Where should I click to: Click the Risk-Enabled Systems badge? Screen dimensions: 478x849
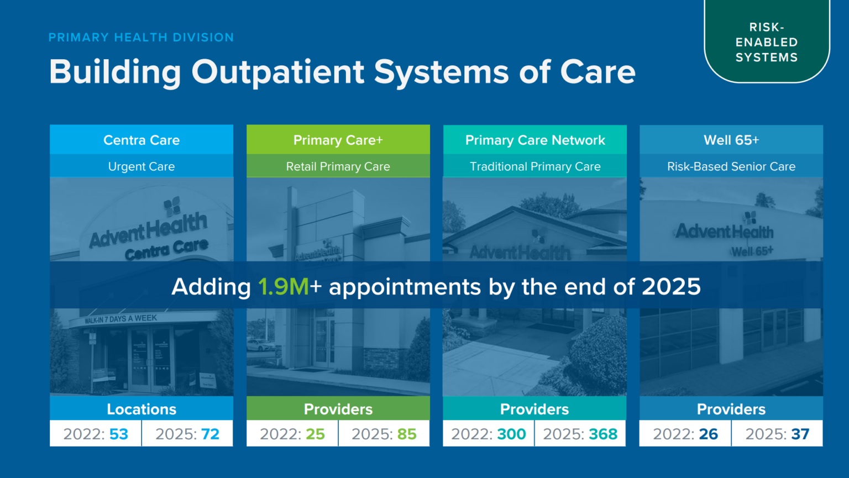pos(767,42)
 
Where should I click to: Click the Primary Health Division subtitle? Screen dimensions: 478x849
pos(141,38)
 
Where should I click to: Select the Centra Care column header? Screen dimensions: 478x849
pos(141,140)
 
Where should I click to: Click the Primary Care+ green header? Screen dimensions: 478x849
pos(338,140)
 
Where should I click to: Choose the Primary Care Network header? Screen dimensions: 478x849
pos(534,140)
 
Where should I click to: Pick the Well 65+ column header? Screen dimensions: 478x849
pos(731,140)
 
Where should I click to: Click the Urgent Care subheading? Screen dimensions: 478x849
pos(141,166)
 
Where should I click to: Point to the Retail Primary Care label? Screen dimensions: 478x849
pos(338,166)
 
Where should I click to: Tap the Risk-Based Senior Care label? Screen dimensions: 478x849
pos(731,166)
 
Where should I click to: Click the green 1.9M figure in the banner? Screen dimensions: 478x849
pos(284,287)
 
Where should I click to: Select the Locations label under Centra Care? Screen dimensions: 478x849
pos(141,409)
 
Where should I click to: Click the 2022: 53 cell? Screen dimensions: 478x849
pos(96,434)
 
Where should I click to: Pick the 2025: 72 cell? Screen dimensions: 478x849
pos(187,434)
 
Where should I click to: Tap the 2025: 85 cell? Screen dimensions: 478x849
pos(384,434)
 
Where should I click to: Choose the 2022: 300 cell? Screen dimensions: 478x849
pos(489,434)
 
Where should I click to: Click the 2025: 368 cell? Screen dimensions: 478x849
pos(580,434)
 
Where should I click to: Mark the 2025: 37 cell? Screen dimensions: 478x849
pos(777,434)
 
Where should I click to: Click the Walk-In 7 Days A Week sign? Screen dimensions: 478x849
pos(121,319)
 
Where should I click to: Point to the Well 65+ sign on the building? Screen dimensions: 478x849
pos(752,251)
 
